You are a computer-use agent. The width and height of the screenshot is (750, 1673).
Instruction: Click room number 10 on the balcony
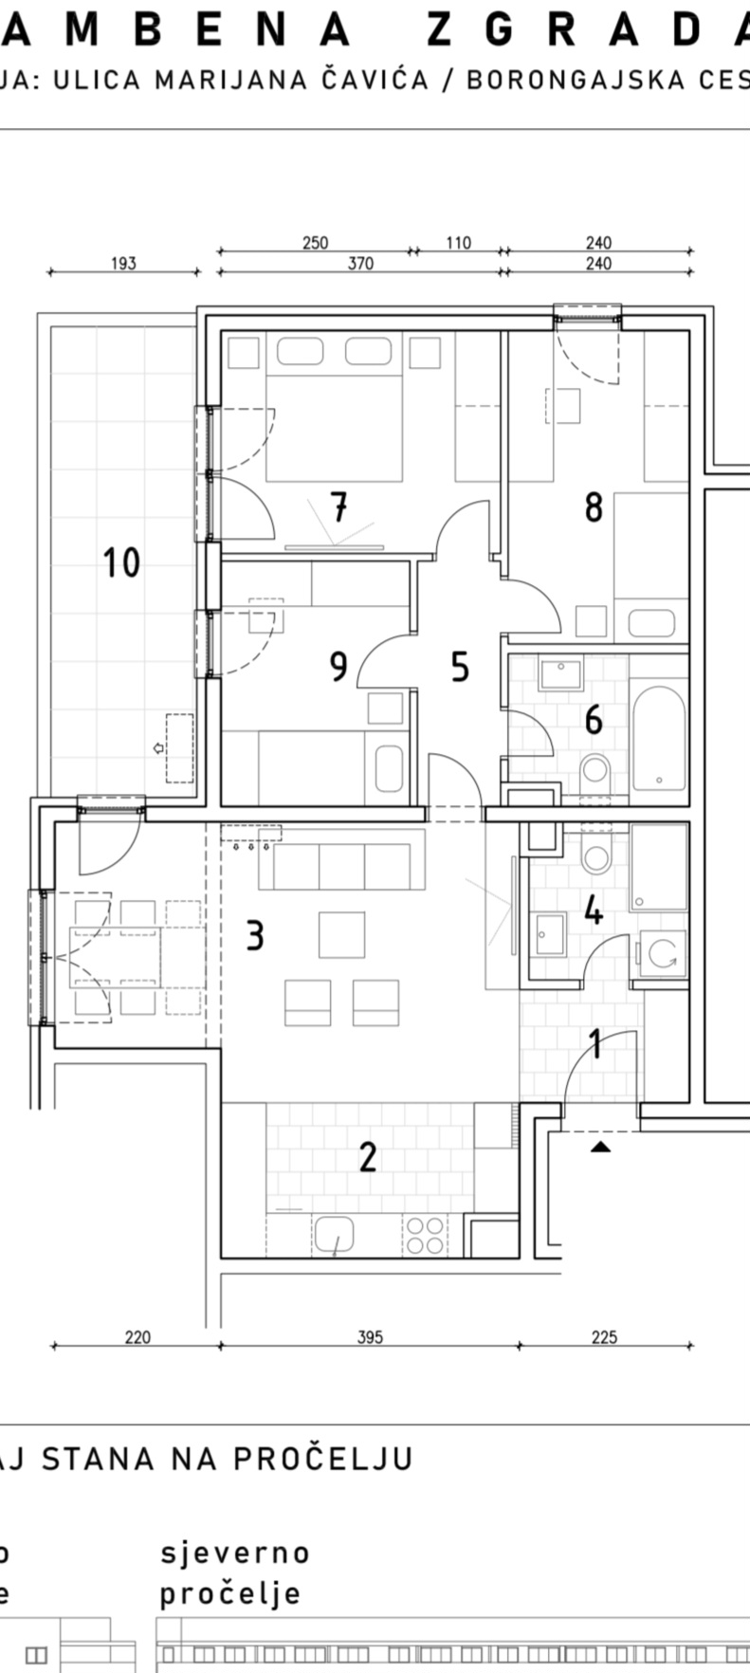pos(121,562)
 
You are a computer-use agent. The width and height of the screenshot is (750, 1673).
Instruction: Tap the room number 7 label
pos(338,508)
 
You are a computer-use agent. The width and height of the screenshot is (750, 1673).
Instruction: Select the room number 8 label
pos(594,508)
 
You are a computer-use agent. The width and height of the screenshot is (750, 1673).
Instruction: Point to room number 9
pos(338,667)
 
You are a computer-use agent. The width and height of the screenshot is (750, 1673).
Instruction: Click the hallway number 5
pos(460,667)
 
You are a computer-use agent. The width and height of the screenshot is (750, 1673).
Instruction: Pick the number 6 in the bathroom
pos(594,720)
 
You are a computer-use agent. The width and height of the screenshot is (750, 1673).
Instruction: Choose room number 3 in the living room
pos(254,936)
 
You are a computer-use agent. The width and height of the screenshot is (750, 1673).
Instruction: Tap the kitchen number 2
pos(368,1156)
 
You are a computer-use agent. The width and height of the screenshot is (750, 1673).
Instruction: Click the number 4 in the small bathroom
pos(594,911)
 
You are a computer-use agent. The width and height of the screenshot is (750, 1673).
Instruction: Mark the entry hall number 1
pos(595,1045)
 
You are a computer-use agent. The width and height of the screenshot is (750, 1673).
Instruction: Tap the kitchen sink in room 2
pos(335,1235)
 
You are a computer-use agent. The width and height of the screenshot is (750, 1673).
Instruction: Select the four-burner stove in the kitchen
pos(424,1235)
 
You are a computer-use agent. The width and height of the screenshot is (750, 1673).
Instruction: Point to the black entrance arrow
pos(600,1148)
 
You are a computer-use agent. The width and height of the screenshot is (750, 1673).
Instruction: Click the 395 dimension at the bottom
pos(370,1337)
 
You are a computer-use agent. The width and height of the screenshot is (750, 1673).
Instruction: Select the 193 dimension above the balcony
pos(123,263)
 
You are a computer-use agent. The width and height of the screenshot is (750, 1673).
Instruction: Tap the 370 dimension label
pos(360,263)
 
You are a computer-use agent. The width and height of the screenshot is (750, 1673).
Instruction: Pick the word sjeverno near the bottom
pos(235,1553)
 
